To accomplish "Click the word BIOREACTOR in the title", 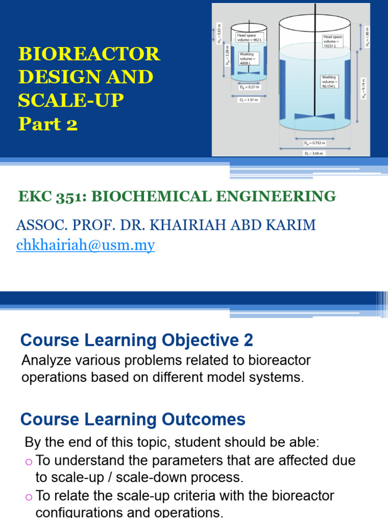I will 89,54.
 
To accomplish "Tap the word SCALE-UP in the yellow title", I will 71,100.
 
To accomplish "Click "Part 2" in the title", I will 48,123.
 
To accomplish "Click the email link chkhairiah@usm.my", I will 85,245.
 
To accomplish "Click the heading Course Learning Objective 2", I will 136,340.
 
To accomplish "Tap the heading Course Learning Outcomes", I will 132,419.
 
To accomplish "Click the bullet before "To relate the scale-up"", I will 28,496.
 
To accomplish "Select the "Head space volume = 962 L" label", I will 248,37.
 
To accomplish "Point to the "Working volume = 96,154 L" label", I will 330,81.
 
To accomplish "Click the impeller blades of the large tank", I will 314,116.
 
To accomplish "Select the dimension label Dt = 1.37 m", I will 249,100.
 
